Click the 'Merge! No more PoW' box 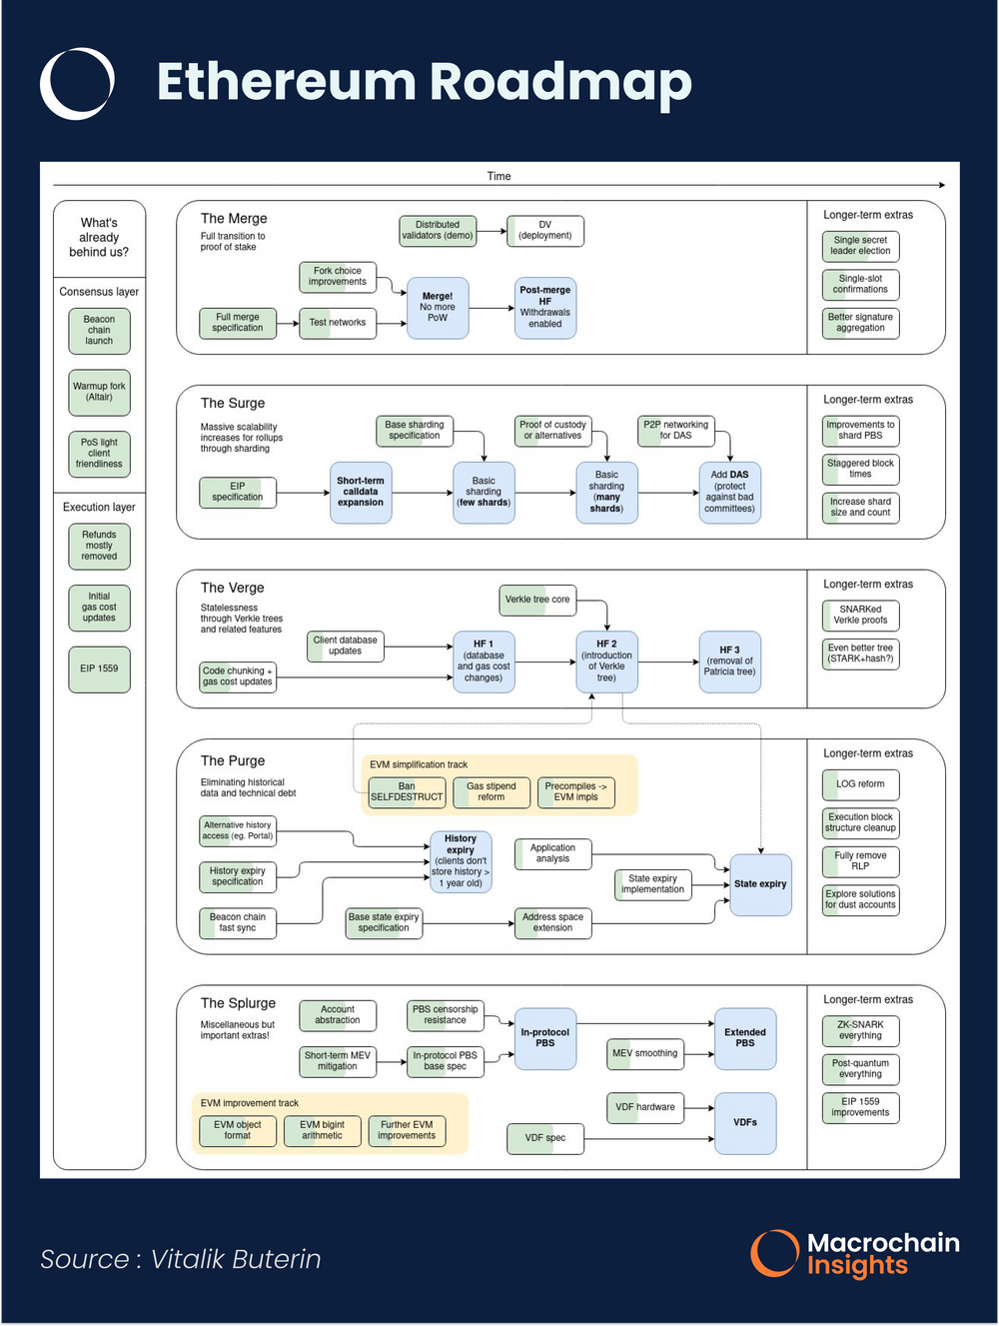tap(438, 308)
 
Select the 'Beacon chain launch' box tap(99, 331)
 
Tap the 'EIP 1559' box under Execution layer tap(99, 668)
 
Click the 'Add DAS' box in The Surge tap(729, 492)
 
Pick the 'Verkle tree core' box tap(537, 600)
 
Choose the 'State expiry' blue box tap(760, 884)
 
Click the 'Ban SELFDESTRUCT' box tap(407, 792)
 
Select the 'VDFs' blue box tap(745, 1123)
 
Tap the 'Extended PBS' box tap(745, 1038)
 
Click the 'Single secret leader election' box tap(860, 246)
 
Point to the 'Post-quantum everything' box tap(860, 1069)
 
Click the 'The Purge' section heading tap(233, 760)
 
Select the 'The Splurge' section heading tap(238, 1003)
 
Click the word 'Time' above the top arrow tap(499, 176)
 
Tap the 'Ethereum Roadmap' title tap(424, 82)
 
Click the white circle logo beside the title tap(77, 83)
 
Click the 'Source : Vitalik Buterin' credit tap(181, 1259)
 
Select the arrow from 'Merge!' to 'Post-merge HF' tap(492, 309)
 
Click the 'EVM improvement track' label tap(249, 1103)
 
